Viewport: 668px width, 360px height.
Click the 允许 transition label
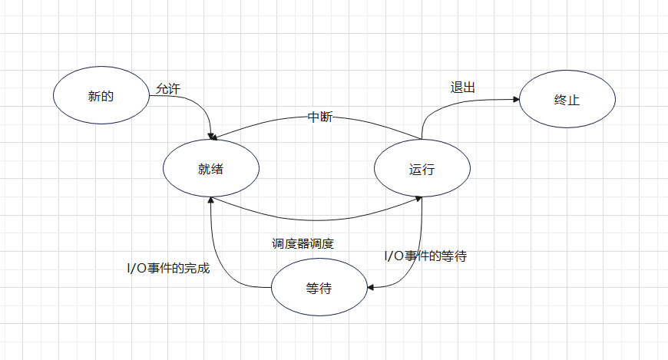point(167,89)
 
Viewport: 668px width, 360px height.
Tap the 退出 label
point(462,88)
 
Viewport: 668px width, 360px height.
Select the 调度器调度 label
point(303,243)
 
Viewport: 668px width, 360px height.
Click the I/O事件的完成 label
point(168,269)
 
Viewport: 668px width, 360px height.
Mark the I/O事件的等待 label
point(425,256)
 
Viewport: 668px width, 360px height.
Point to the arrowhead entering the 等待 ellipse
point(371,288)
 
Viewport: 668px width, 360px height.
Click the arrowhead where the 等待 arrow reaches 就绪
point(210,199)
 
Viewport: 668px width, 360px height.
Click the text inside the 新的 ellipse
point(101,97)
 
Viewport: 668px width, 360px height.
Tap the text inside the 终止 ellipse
point(567,101)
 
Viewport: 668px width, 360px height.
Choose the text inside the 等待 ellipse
point(319,289)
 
